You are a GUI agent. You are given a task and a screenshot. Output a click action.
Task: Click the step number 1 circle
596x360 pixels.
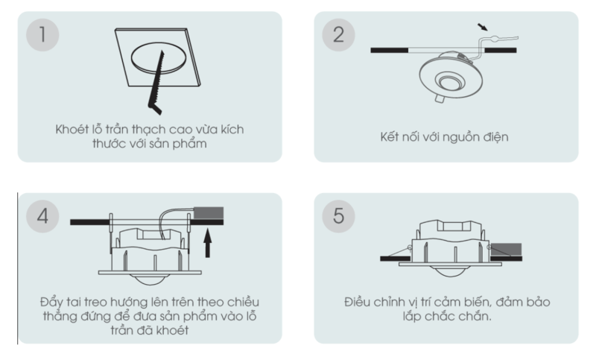coord(42,34)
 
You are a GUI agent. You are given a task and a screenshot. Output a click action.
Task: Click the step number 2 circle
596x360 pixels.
coord(338,34)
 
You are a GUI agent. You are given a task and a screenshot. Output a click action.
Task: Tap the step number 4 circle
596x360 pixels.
coord(42,216)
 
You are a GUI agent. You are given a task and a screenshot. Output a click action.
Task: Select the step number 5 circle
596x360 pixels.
coord(338,216)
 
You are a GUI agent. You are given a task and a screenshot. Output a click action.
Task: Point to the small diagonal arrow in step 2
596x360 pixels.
coord(483,27)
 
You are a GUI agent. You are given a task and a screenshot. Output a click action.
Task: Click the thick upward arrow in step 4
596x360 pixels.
coord(208,243)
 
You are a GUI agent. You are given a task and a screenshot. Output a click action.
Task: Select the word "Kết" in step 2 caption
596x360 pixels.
coord(390,136)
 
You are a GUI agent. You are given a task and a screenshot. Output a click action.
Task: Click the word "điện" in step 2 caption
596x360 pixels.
coord(496,137)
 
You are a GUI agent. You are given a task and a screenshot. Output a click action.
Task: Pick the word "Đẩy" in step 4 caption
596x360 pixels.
coord(51,302)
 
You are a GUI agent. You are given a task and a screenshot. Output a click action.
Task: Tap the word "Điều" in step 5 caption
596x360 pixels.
coord(358,302)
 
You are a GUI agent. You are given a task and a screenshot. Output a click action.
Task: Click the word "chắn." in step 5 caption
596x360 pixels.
coord(477,316)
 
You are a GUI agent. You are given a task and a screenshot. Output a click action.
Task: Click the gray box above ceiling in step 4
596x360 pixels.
coord(209,213)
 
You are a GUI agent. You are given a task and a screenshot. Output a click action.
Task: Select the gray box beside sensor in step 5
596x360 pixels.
coord(506,250)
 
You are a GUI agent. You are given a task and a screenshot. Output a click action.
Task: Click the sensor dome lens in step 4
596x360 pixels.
coord(150,280)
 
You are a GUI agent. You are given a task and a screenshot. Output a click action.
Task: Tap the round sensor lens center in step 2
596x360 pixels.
coord(451,81)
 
